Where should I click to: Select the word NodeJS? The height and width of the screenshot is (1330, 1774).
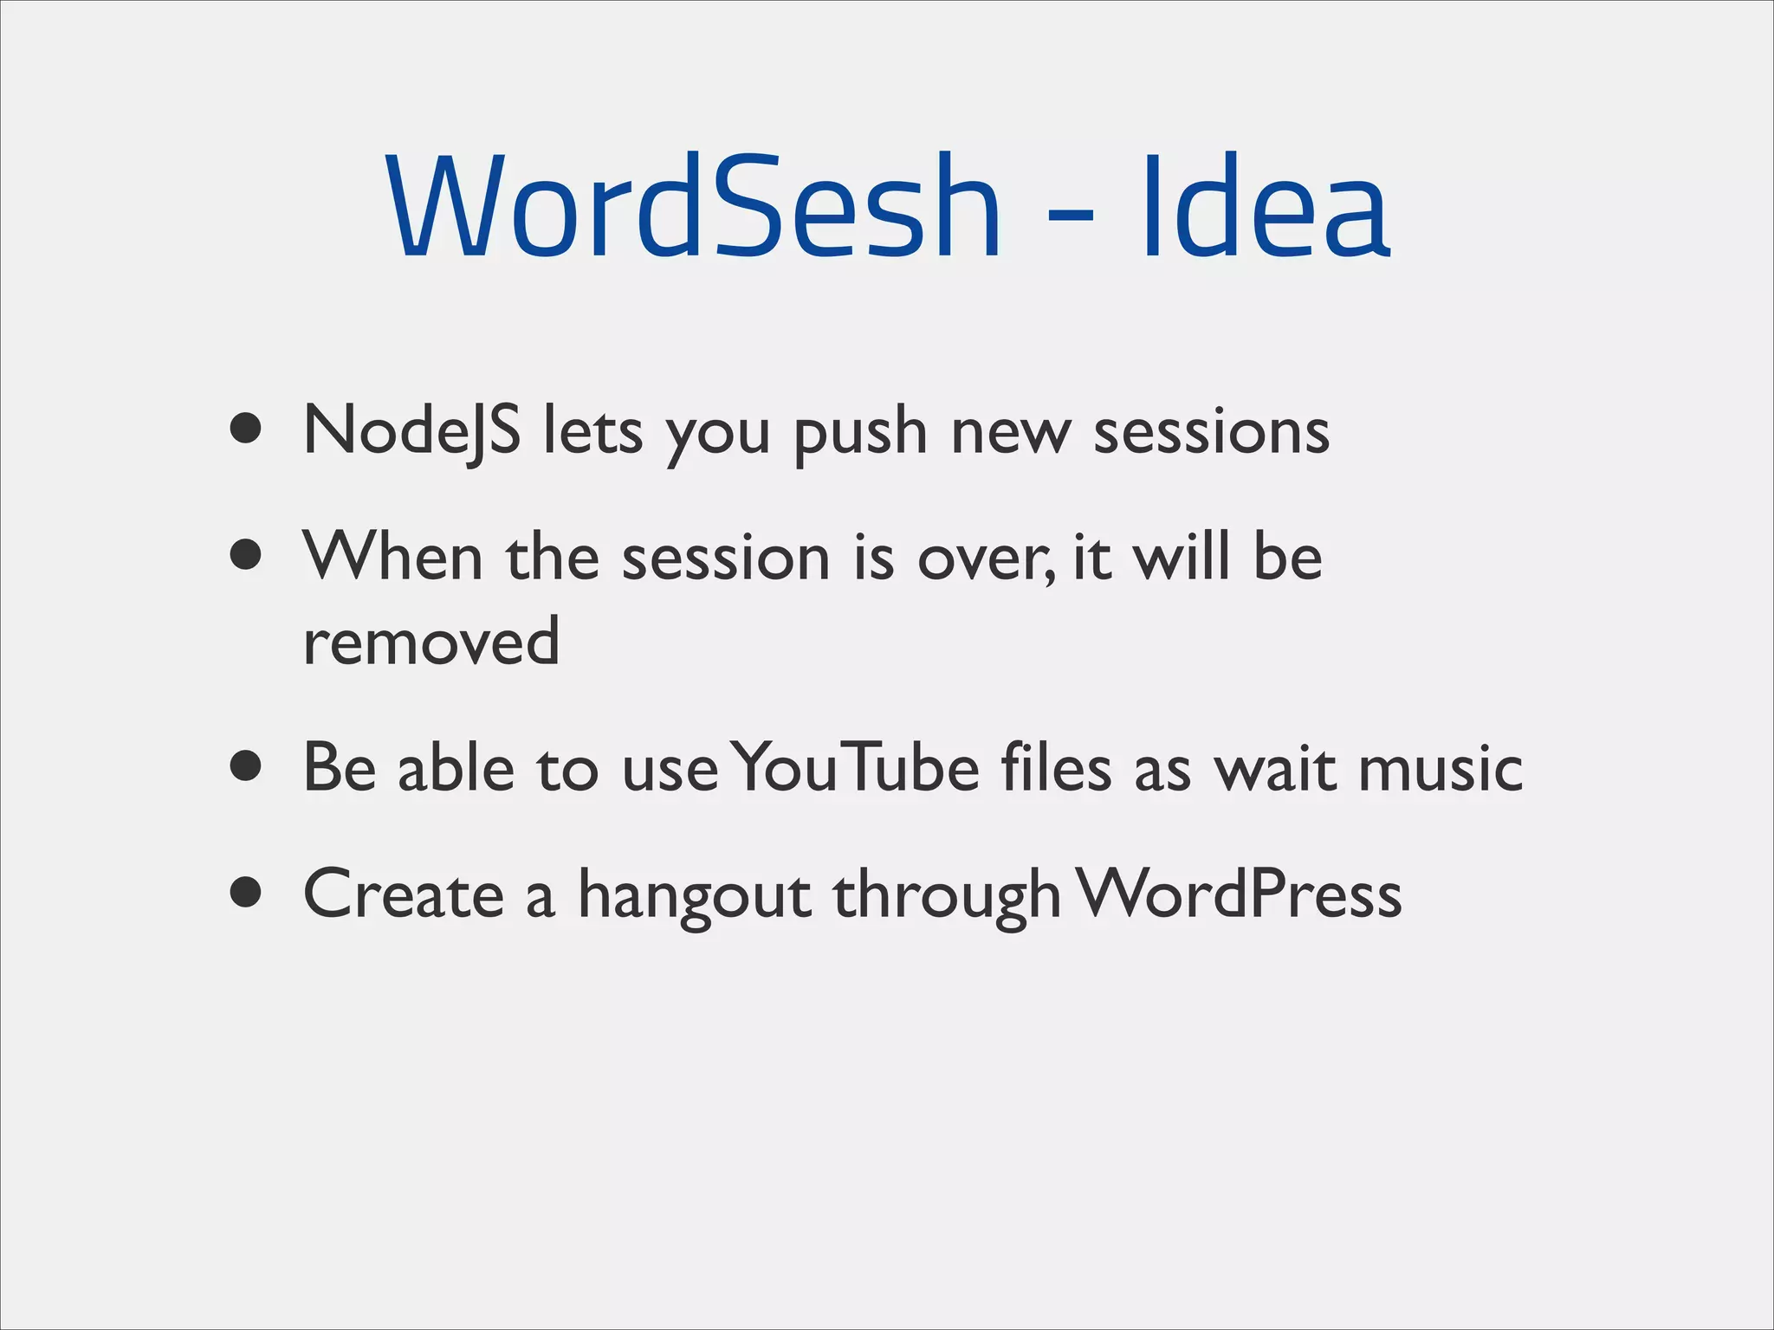[412, 430]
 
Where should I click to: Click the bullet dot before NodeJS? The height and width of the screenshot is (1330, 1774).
[247, 428]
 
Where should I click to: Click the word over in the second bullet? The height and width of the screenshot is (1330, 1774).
[984, 558]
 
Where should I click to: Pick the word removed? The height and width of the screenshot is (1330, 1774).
[431, 641]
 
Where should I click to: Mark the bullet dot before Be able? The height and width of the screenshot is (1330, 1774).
[247, 765]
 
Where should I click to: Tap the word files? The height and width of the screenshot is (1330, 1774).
[1056, 767]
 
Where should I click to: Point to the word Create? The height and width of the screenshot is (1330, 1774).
[404, 894]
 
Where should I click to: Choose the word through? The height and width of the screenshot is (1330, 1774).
[947, 896]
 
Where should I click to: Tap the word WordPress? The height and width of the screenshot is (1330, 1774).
[1240, 894]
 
